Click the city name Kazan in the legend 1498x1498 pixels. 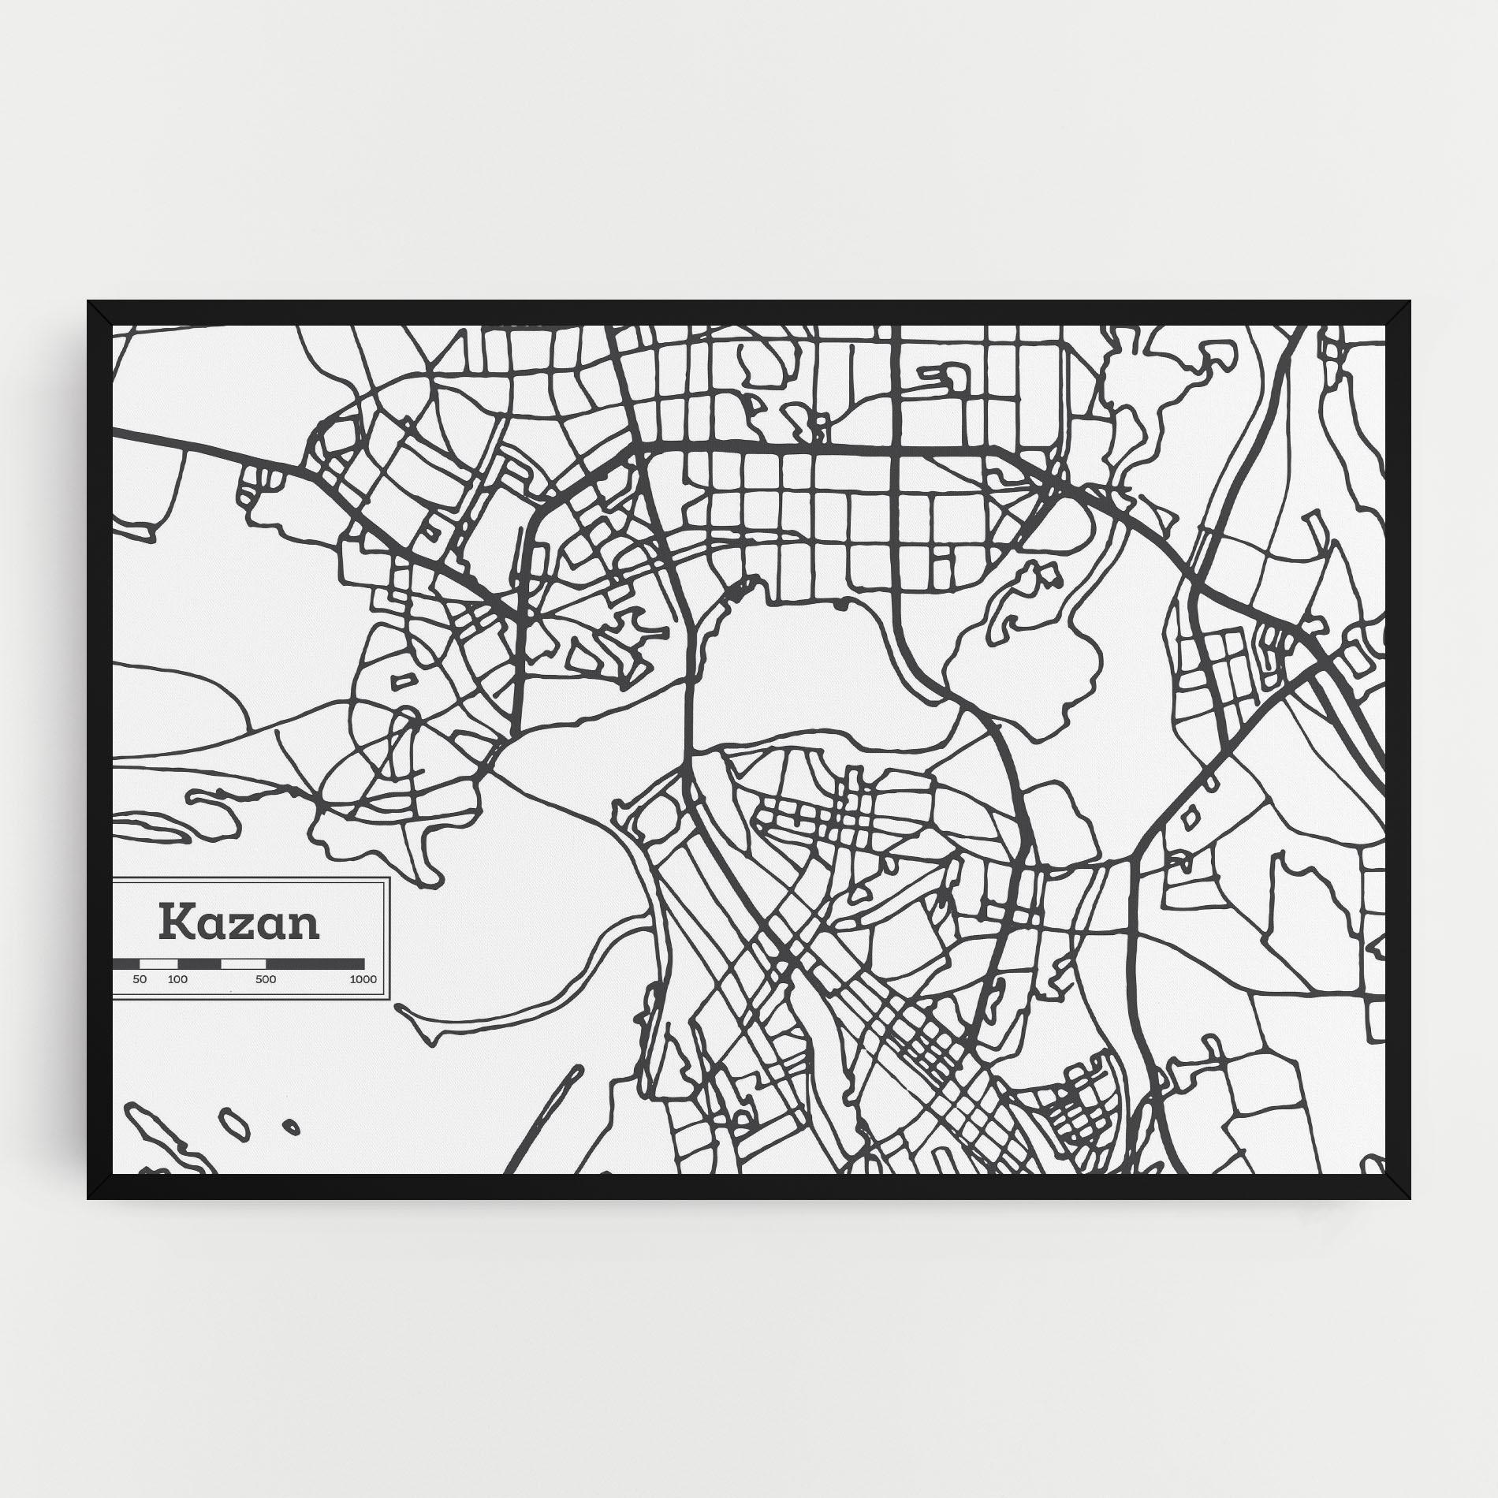click(x=239, y=923)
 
